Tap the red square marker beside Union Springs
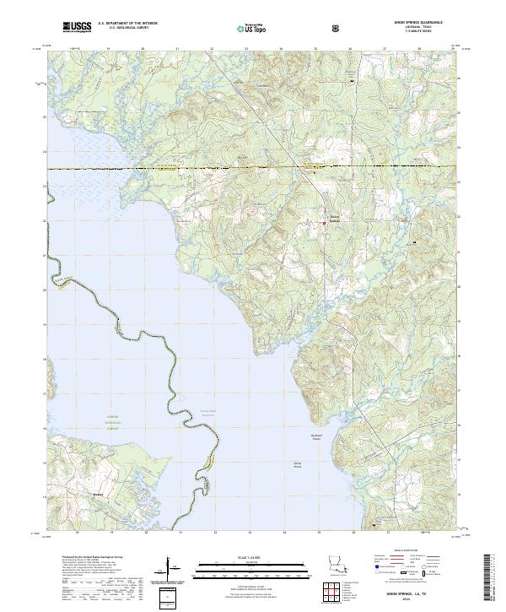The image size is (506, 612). (325, 223)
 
